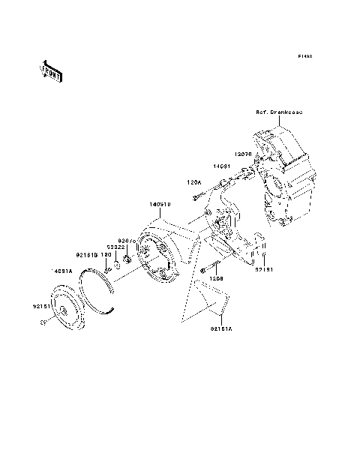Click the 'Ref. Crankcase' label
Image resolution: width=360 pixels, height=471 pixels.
[278, 112]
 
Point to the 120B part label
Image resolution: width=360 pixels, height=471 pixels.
[217, 278]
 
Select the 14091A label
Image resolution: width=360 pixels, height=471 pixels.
[61, 271]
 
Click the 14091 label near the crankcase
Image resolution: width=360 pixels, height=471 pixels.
[220, 166]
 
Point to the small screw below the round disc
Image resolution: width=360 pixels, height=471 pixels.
[43, 323]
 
